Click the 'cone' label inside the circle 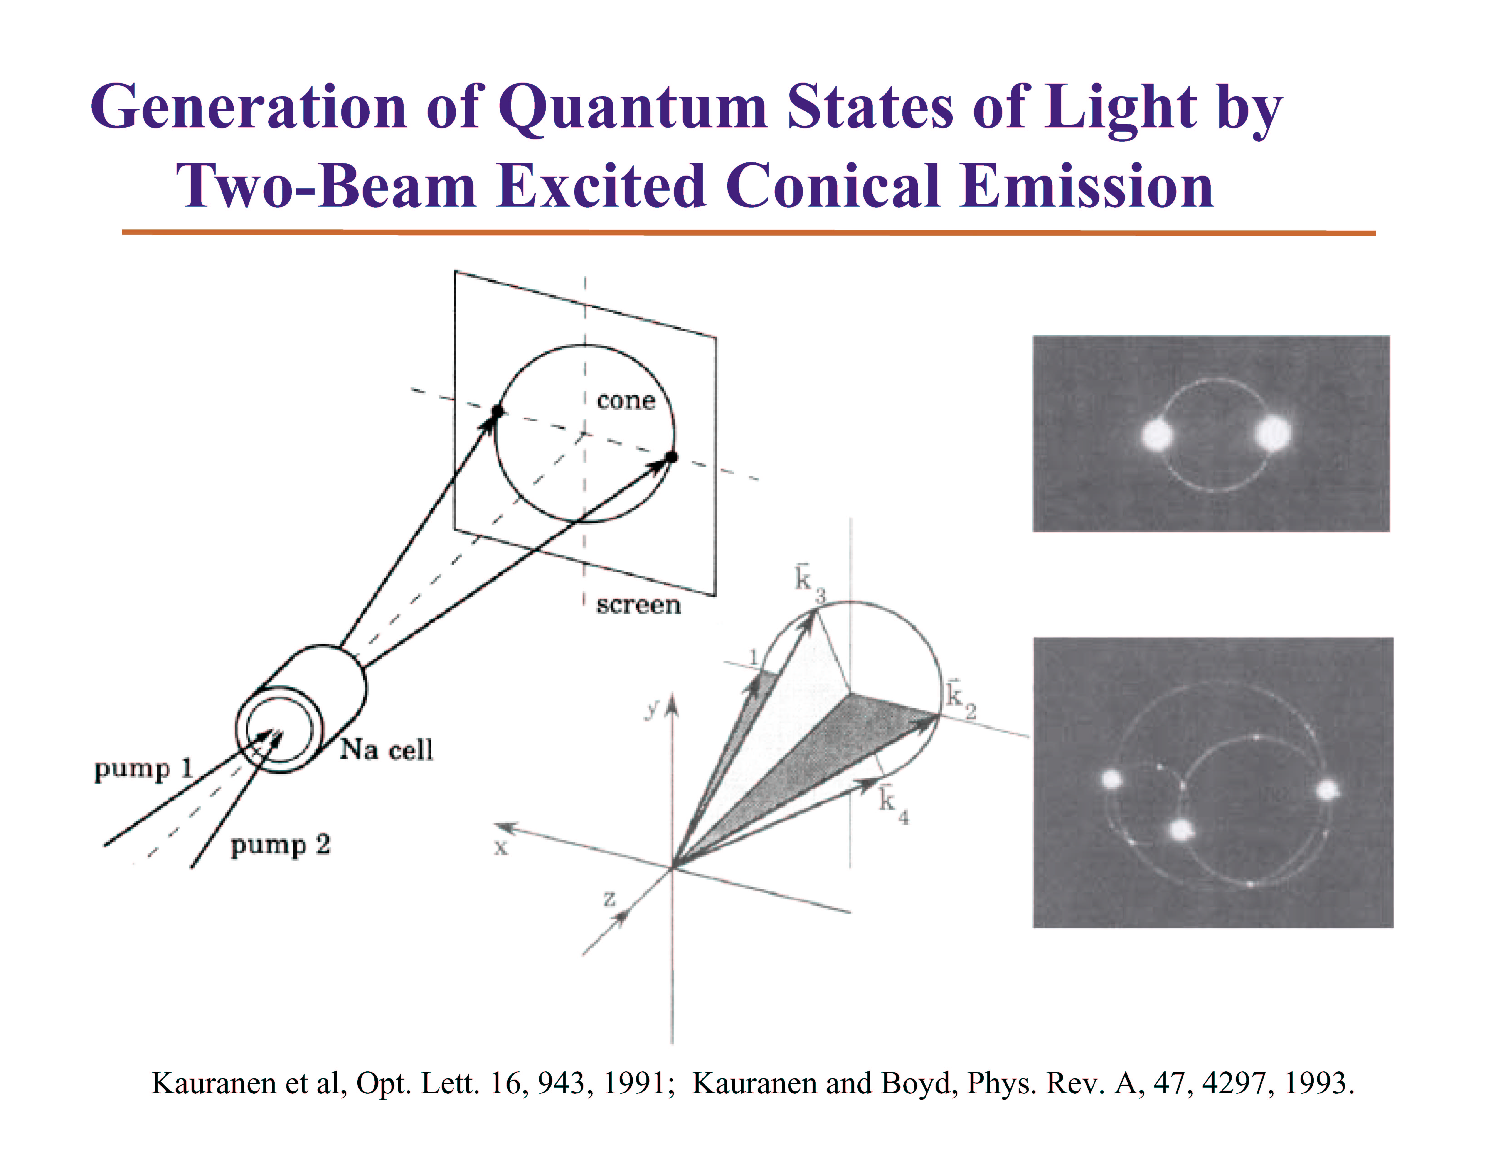click(x=626, y=400)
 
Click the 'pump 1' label click(x=143, y=769)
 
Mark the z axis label click(x=609, y=899)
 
